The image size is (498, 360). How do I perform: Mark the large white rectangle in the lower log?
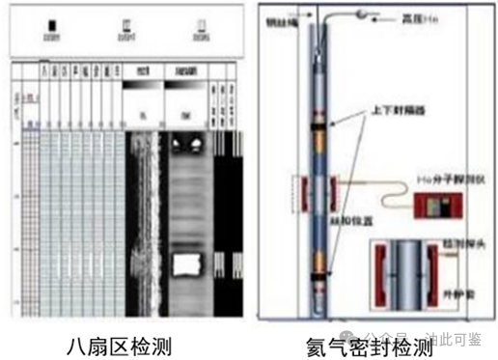tap(184, 263)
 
